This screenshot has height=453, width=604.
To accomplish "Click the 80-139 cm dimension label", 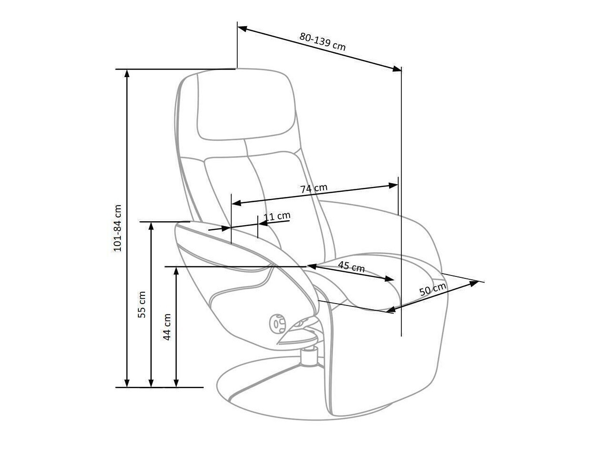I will [x=322, y=41].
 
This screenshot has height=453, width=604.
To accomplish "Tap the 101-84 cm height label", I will [x=117, y=228].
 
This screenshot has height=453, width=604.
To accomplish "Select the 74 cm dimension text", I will [x=314, y=188].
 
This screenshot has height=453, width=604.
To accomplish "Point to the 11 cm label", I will [x=277, y=217].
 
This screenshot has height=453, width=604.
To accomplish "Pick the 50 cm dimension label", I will [x=433, y=289].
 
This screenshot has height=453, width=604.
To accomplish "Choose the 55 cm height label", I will [x=142, y=305].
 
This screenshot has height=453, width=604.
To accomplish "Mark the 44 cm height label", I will [x=167, y=327].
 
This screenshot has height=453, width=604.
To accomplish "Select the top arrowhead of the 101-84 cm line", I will [x=127, y=73].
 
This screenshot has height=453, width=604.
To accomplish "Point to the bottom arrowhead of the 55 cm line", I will [x=151, y=383].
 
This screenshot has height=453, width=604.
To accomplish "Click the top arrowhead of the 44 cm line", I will [x=176, y=271].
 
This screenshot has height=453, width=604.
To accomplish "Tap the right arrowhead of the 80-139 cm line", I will [x=397, y=69].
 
